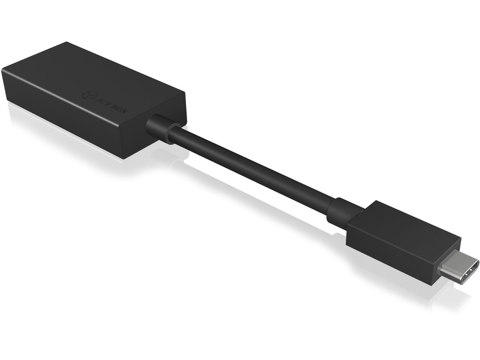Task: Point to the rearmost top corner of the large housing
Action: (x=66, y=41)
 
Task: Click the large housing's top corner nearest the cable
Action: (x=185, y=95)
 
